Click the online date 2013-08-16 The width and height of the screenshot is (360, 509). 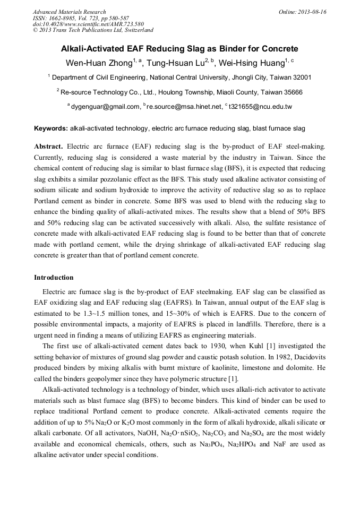(x=312, y=12)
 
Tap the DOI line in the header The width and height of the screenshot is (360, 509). (x=80, y=24)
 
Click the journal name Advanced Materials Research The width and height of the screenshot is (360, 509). (x=69, y=12)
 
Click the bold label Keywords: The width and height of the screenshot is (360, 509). (x=51, y=128)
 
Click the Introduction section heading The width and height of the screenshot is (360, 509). (x=54, y=278)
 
